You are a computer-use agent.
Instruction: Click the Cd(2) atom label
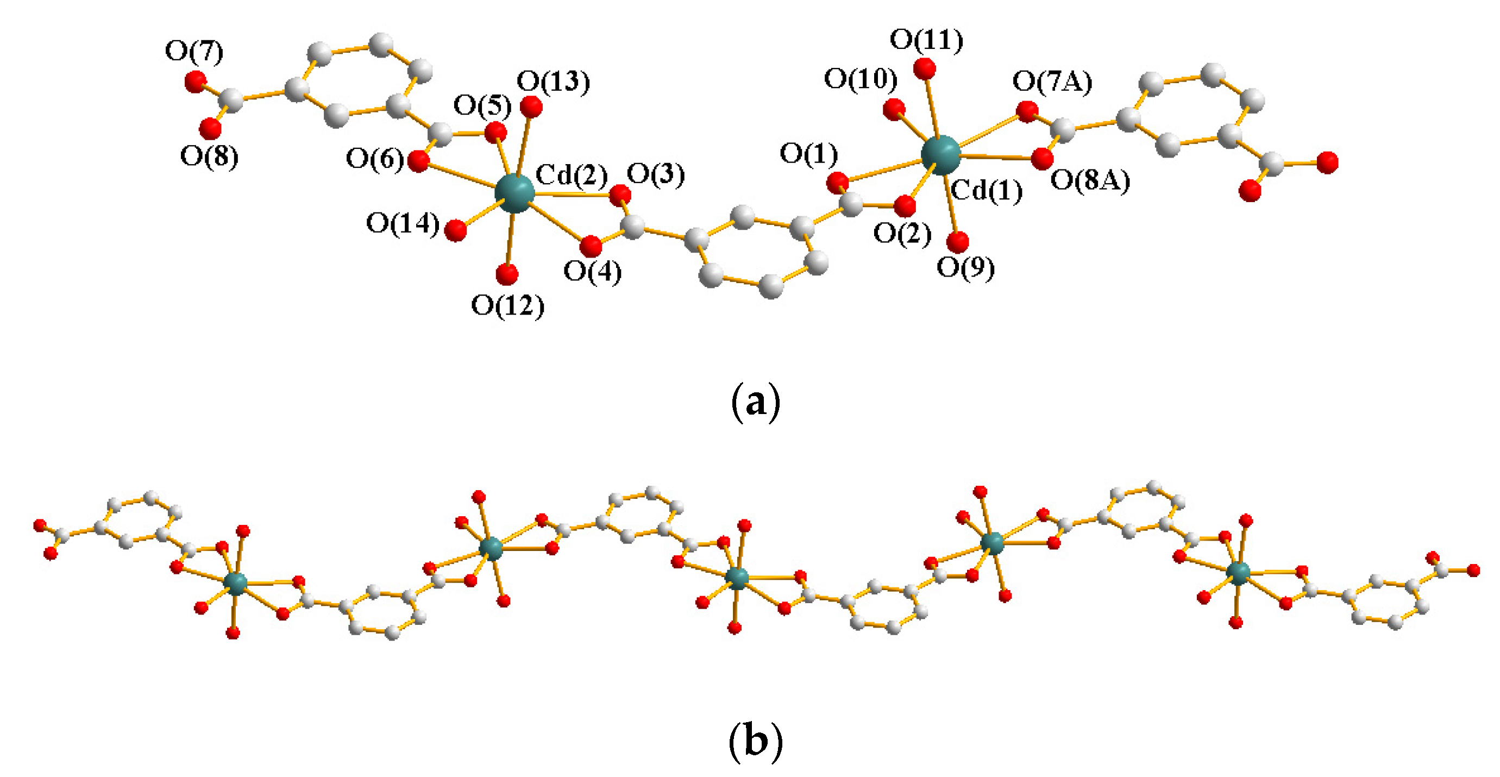[571, 175]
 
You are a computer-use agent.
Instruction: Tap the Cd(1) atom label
[987, 191]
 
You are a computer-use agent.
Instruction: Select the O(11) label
[926, 40]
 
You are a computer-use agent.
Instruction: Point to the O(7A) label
[1052, 82]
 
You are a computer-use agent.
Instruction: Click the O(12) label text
[507, 305]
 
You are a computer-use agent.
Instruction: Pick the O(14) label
[403, 224]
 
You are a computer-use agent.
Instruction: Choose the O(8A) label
[1090, 180]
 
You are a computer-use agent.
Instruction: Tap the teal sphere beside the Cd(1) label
[940, 155]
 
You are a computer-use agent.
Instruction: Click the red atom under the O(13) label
[531, 107]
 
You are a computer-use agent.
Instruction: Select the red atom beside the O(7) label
[195, 81]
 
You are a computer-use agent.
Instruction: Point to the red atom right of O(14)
[455, 230]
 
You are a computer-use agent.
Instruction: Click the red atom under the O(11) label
[925, 68]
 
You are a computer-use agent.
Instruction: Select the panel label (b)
[755, 741]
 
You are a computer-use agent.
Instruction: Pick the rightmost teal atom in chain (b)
[1238, 573]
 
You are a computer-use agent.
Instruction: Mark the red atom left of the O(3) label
[620, 195]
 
